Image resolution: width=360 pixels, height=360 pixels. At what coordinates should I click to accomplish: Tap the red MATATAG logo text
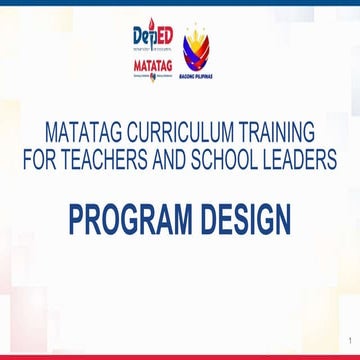tap(150, 63)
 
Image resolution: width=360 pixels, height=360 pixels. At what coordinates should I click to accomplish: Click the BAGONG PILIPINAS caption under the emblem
tap(197, 77)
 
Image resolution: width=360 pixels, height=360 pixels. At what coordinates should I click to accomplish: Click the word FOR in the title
tap(39, 159)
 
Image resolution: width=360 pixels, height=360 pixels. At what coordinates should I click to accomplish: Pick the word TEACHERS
tap(106, 159)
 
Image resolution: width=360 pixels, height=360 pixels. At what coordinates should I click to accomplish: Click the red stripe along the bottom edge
tap(180, 357)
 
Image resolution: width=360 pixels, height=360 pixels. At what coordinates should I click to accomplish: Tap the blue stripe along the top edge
tap(180, 2)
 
